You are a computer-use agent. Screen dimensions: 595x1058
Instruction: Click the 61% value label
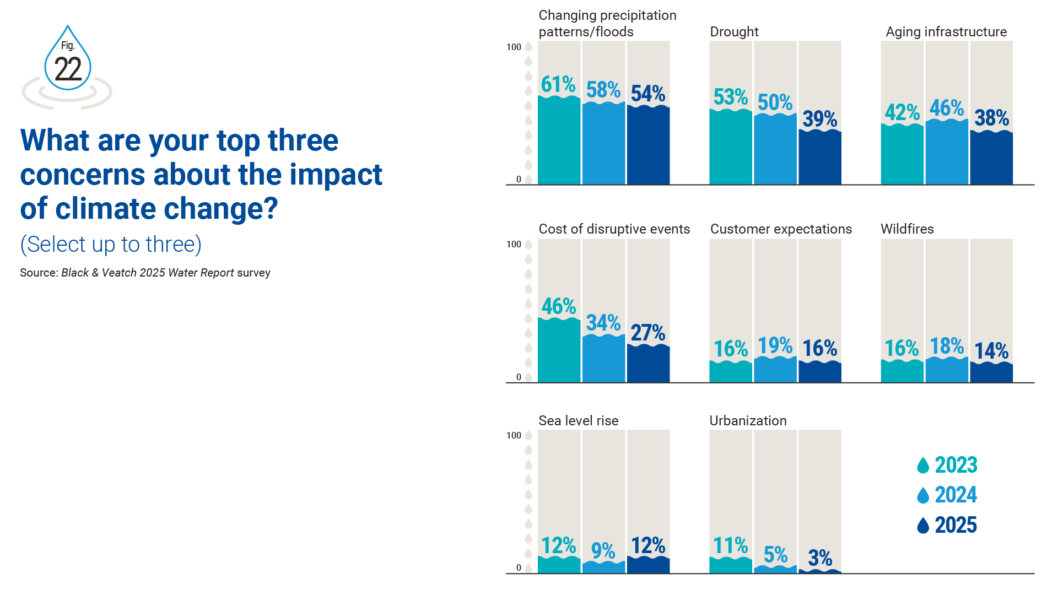(x=558, y=85)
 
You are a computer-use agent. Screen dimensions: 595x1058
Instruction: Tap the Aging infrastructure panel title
(x=946, y=32)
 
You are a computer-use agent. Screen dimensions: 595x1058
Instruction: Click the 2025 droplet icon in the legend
(x=923, y=526)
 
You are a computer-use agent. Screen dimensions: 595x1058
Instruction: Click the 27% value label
(x=648, y=333)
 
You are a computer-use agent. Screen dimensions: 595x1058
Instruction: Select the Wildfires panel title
(x=907, y=229)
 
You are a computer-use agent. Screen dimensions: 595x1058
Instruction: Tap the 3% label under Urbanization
(x=820, y=558)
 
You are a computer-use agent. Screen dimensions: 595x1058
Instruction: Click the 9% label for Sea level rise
(x=603, y=550)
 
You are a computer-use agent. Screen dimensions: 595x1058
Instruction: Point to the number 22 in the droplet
(x=68, y=69)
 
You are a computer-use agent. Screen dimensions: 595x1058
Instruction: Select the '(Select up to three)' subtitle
(x=111, y=244)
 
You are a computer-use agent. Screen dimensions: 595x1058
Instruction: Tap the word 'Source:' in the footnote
(x=39, y=273)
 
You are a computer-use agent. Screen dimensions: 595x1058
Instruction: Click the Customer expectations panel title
(x=781, y=229)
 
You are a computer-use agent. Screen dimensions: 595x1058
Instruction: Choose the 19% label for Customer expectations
(x=775, y=345)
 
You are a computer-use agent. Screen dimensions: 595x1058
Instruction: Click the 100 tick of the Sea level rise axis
(x=514, y=435)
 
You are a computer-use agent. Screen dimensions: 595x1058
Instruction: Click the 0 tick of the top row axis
(x=519, y=179)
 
